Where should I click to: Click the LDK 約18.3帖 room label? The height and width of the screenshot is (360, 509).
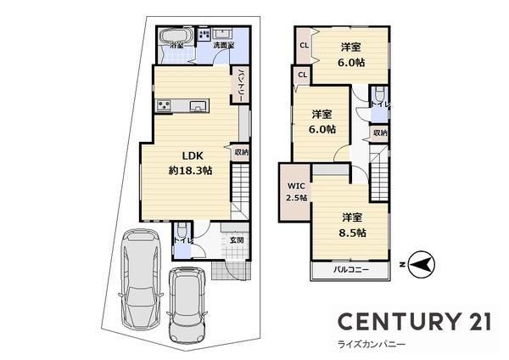189,162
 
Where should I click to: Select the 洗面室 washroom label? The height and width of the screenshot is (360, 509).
223,44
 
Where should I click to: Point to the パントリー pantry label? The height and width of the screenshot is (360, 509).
241,86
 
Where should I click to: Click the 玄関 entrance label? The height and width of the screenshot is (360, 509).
237,239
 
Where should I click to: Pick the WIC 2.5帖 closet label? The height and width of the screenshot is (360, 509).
296,191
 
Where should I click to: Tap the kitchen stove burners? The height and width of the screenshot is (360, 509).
164,105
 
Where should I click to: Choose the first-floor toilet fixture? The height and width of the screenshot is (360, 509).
182,230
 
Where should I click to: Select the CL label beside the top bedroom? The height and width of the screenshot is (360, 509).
304,45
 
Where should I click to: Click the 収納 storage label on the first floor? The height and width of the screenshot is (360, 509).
242,153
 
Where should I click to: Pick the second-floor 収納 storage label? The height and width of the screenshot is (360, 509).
380,132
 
